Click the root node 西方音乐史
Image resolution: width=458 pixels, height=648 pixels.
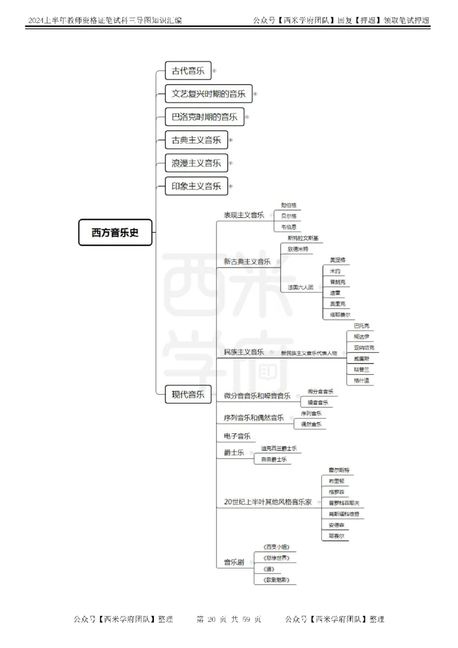click(x=115, y=233)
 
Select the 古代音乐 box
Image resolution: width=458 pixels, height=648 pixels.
click(x=188, y=71)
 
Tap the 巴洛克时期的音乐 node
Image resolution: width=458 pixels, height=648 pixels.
click(x=204, y=117)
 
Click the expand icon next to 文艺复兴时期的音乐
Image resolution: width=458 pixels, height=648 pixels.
click(x=255, y=94)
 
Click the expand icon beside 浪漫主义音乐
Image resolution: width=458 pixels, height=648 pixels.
click(x=231, y=163)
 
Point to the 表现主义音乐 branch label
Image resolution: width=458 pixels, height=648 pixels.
click(x=244, y=215)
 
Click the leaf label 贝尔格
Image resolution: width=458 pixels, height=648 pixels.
click(x=289, y=215)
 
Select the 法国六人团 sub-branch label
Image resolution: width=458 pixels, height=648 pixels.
click(x=301, y=287)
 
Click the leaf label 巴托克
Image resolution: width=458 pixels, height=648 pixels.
click(x=362, y=325)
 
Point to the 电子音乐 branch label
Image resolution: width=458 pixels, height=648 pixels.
click(x=237, y=436)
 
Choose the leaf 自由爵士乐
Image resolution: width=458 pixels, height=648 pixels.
click(x=274, y=460)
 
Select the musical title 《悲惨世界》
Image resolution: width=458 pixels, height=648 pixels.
click(x=277, y=557)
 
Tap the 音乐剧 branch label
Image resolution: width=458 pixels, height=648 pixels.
click(x=234, y=563)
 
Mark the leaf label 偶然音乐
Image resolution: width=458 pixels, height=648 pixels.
click(x=311, y=424)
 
